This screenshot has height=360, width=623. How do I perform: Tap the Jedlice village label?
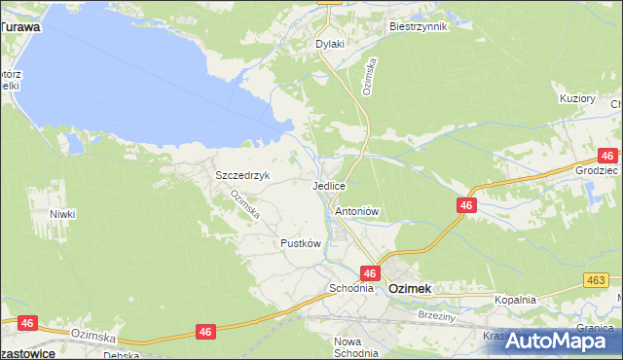[x=330, y=185]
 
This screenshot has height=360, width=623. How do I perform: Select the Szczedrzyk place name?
[x=242, y=176]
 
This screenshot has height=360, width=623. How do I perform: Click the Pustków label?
[x=300, y=243]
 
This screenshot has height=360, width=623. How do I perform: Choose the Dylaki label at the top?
[x=331, y=45]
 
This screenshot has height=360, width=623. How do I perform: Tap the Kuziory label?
[x=577, y=99]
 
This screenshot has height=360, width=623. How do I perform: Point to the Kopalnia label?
[x=515, y=301]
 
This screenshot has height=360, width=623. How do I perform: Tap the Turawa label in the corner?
[x=20, y=28]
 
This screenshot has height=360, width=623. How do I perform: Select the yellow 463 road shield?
[x=597, y=280]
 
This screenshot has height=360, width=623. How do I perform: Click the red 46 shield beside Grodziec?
[x=607, y=156]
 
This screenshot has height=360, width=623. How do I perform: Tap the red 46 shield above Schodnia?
[x=370, y=274]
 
